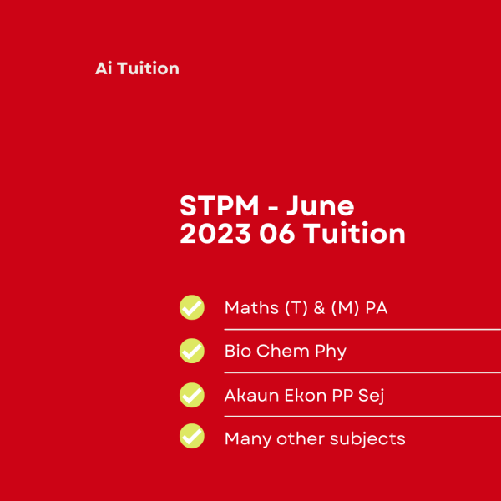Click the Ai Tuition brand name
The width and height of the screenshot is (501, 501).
[137, 68]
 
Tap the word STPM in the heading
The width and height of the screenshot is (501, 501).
[219, 206]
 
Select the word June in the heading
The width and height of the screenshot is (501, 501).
[321, 206]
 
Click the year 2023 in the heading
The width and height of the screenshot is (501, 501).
[215, 234]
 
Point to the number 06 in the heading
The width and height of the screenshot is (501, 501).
[276, 234]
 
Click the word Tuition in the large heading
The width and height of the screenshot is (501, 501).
[354, 233]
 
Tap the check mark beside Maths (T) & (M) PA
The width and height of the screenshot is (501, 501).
[192, 307]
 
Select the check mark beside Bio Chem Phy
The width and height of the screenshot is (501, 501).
[192, 351]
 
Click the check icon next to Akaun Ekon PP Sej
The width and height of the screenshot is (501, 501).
[192, 395]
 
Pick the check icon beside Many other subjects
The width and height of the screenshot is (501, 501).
[192, 436]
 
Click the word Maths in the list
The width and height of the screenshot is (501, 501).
[251, 307]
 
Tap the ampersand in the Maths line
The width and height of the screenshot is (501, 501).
[319, 308]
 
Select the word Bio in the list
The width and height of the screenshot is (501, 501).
[238, 351]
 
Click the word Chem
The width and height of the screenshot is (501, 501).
[283, 351]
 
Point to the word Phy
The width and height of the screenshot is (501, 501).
[331, 352]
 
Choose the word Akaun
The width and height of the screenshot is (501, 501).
[252, 396]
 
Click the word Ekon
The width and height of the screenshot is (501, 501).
[306, 396]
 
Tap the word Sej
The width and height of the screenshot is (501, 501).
[371, 397]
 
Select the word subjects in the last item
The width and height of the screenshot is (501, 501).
[367, 439]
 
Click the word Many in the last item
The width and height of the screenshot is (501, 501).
[248, 440]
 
